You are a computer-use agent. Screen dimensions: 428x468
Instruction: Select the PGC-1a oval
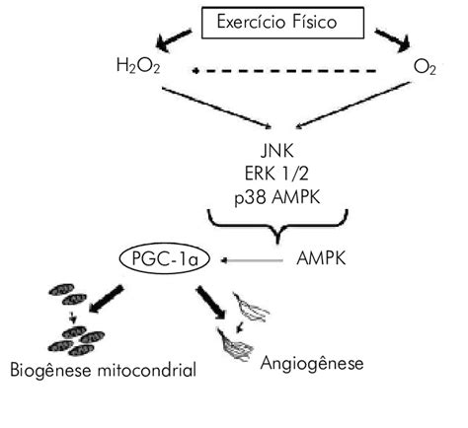(x=156, y=260)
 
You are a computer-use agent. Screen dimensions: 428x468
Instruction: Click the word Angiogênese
(x=313, y=363)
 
